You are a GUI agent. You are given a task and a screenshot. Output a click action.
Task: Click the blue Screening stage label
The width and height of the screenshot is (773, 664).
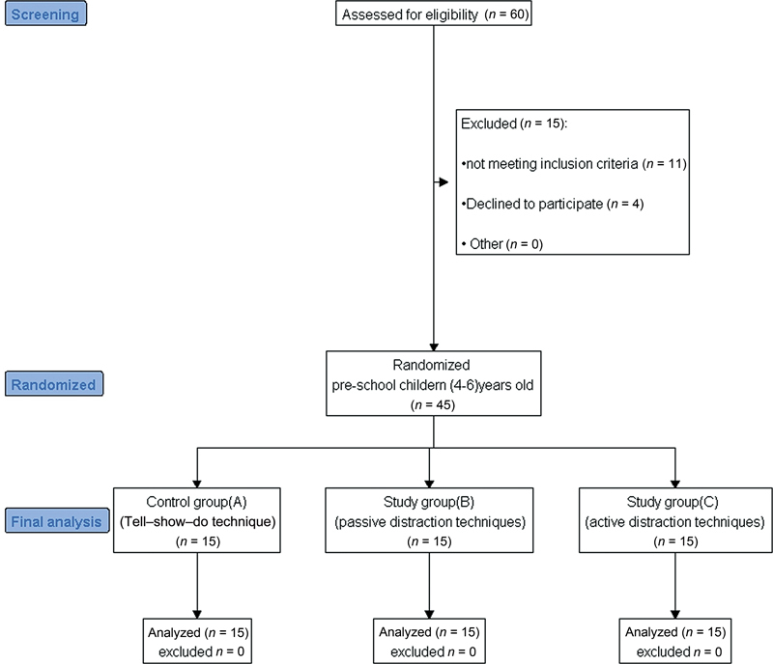(x=45, y=14)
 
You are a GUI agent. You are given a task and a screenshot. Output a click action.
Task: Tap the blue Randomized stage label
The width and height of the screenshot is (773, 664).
(x=54, y=384)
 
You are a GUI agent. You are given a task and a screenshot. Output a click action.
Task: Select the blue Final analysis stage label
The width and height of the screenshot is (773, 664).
(x=57, y=520)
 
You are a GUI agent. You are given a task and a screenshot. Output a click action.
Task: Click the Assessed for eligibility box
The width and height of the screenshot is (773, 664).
(x=434, y=14)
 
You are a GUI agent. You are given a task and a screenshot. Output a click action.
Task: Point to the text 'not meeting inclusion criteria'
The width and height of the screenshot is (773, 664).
(x=552, y=163)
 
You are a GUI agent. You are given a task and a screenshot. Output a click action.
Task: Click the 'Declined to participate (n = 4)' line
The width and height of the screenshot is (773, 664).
(x=553, y=204)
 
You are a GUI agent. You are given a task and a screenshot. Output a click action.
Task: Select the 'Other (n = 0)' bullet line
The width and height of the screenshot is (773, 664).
(x=502, y=244)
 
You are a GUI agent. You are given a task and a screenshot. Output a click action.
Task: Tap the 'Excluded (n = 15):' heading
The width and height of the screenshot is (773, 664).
(x=514, y=124)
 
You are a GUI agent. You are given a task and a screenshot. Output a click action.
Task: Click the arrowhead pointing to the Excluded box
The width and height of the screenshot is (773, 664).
(x=444, y=182)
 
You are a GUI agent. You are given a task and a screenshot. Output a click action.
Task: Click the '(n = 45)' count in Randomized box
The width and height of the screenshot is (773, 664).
(x=433, y=405)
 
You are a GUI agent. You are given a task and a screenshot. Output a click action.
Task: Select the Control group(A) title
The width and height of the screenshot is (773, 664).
(x=197, y=502)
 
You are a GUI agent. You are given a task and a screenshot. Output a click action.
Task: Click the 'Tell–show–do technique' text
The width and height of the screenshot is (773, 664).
(x=198, y=521)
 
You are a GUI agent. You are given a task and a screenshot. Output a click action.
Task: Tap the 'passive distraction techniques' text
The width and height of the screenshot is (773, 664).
(x=430, y=521)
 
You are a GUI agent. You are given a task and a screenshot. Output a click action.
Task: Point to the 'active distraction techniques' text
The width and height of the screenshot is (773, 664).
(x=674, y=521)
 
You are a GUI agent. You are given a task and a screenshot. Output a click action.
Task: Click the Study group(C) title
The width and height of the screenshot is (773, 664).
(x=673, y=502)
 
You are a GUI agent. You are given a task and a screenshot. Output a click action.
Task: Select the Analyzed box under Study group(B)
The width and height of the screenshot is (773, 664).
(x=429, y=641)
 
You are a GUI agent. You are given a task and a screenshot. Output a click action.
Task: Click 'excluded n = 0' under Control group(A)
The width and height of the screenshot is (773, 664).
(x=201, y=651)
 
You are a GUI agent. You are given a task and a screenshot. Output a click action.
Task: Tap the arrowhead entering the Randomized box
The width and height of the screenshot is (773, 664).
(x=434, y=347)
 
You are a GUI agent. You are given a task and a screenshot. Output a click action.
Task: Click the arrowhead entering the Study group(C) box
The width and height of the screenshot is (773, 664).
(x=675, y=484)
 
